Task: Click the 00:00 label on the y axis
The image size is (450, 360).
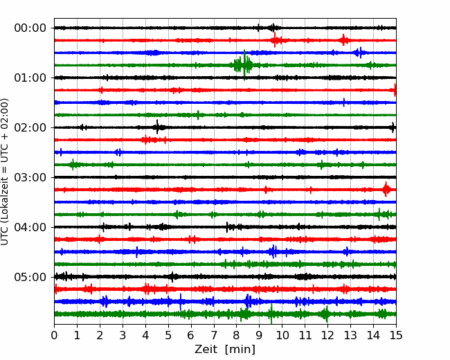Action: pyautogui.click(x=30, y=28)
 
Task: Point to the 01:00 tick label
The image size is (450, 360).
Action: pyautogui.click(x=30, y=78)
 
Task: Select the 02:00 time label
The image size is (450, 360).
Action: pyautogui.click(x=30, y=128)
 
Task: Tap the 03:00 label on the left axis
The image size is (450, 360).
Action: pyautogui.click(x=30, y=177)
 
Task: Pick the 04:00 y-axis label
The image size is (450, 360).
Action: pyautogui.click(x=30, y=227)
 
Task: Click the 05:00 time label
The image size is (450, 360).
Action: pyautogui.click(x=30, y=277)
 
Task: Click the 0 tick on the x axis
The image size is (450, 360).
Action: pyautogui.click(x=54, y=335)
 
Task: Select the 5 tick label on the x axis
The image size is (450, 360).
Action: pyautogui.click(x=168, y=335)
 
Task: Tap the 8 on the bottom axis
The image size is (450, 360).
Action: pyautogui.click(x=237, y=335)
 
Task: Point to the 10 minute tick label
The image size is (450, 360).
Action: pyautogui.click(x=282, y=335)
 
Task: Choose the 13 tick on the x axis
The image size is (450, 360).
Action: pyautogui.click(x=350, y=335)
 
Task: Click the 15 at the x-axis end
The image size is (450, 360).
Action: pyautogui.click(x=396, y=335)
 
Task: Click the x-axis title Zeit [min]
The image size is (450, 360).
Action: pyautogui.click(x=225, y=350)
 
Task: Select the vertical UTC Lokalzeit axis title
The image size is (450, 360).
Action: pyautogui.click(x=5, y=172)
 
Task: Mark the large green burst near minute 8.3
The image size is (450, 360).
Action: pyautogui.click(x=244, y=65)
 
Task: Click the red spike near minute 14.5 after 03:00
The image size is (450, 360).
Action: pyautogui.click(x=386, y=189)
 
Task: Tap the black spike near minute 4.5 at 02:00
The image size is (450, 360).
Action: pyautogui.click(x=157, y=127)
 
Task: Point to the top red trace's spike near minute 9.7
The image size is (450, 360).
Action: pyautogui.click(x=275, y=39)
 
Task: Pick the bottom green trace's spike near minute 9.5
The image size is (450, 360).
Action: pyautogui.click(x=271, y=314)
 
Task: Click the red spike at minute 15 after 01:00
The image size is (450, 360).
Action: pyautogui.click(x=395, y=90)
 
